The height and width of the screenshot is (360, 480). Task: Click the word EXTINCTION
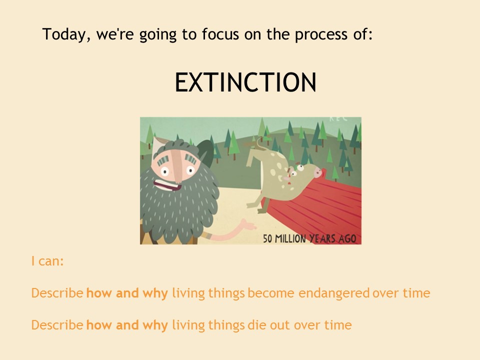point(245,82)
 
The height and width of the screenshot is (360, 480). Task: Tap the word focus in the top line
point(220,33)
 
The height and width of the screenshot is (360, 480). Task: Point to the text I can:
point(47,261)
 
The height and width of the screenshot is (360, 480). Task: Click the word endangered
point(334,293)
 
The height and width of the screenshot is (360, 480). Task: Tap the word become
point(271,293)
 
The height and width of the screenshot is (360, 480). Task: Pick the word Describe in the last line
point(57,325)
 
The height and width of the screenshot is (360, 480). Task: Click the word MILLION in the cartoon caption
point(290,238)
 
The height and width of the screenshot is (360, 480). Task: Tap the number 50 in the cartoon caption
point(267,238)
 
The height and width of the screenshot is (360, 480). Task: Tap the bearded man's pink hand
point(248,224)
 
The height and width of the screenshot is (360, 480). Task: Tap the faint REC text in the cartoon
point(338,118)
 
